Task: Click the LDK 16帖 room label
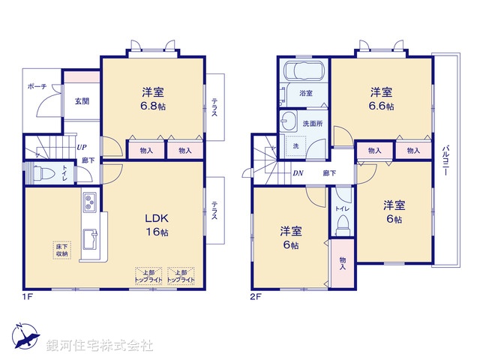156,225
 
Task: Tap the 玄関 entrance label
81,101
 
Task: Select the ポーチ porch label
37,87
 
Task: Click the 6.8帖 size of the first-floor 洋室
154,106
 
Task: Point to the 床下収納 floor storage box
61,250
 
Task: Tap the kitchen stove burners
89,202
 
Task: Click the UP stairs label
80,148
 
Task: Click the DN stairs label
298,173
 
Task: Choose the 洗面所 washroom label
313,122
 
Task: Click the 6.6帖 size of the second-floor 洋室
381,106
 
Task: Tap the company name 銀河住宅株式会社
100,346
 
